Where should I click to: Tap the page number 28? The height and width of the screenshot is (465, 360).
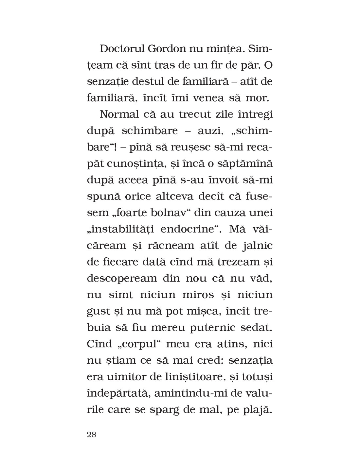pos(91,435)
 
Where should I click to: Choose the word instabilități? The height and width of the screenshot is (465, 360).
pos(120,229)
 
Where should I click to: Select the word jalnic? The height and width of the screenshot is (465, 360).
pos(257,245)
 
